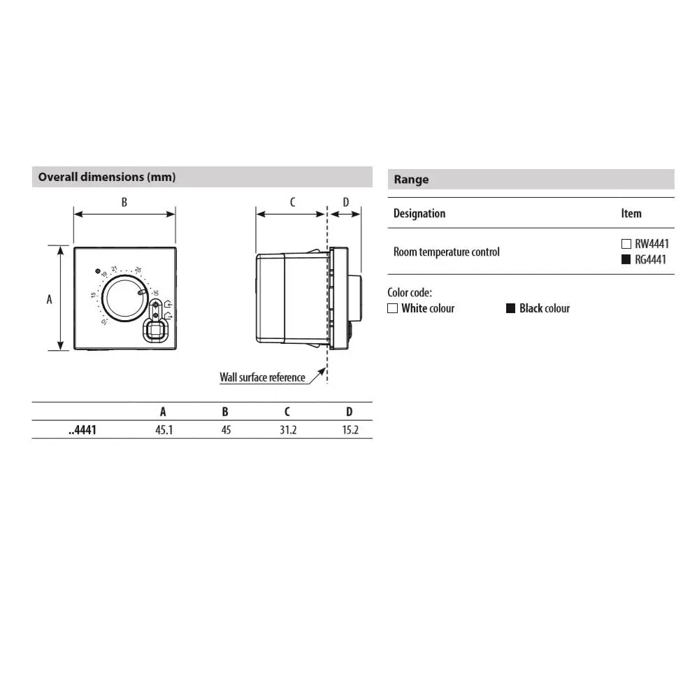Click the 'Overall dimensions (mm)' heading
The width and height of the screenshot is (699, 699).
tap(106, 177)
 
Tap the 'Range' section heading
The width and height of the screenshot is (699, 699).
tap(411, 180)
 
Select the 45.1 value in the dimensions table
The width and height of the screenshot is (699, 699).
tap(164, 430)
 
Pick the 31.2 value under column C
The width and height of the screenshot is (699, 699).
tap(288, 430)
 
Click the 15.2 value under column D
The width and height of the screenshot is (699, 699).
tap(350, 430)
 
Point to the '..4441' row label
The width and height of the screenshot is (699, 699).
tap(82, 430)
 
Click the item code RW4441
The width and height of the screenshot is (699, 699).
tap(651, 244)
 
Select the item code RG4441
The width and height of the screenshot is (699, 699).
tap(650, 259)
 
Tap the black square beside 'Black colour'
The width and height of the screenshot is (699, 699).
tap(510, 308)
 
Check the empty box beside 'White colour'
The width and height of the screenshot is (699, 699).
tap(392, 308)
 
